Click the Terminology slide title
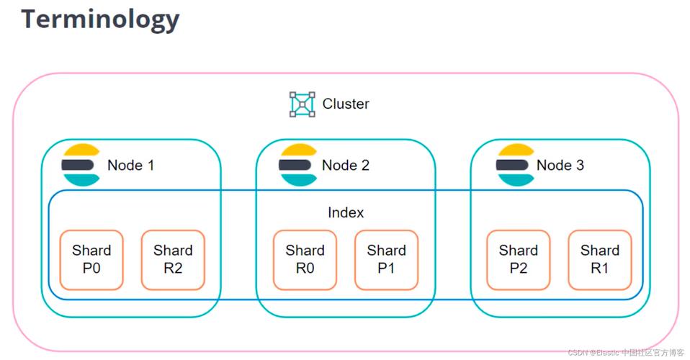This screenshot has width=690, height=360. [x=99, y=19]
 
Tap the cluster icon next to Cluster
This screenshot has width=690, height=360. [x=303, y=104]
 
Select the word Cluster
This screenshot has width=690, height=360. [x=346, y=104]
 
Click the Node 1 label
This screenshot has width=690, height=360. [x=130, y=165]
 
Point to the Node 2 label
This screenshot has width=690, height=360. [x=346, y=165]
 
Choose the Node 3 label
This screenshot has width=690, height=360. [x=560, y=165]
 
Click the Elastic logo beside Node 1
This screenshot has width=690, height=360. [x=81, y=165]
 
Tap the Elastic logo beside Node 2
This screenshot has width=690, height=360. [x=298, y=165]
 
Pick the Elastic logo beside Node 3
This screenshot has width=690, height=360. [x=515, y=165]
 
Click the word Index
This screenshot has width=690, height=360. [x=346, y=212]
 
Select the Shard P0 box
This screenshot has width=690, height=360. [x=91, y=260]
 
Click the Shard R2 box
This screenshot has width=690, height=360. [x=173, y=260]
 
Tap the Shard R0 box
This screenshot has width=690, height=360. [x=305, y=260]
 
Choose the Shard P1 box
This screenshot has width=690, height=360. [x=387, y=260]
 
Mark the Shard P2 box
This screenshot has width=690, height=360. [x=519, y=260]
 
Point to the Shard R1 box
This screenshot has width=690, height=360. [x=600, y=260]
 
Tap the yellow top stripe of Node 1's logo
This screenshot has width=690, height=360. [x=81, y=150]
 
